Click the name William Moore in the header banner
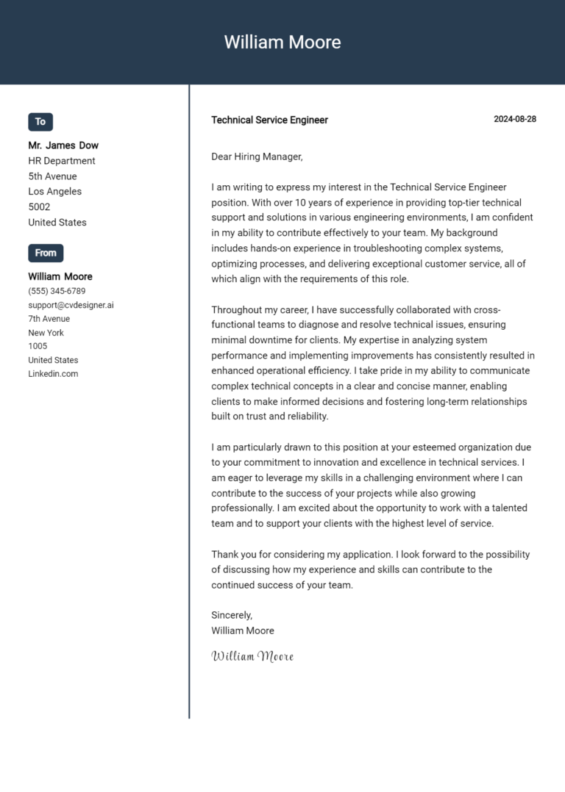tap(282, 42)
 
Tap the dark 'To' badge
tap(40, 122)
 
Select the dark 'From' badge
tap(46, 253)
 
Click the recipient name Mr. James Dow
tap(63, 145)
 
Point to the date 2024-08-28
tap(515, 119)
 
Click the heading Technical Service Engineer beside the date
tap(269, 120)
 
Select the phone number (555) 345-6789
tap(57, 291)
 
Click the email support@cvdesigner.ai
tap(71, 305)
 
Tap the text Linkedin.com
tap(53, 374)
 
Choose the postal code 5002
tap(39, 207)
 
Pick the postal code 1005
tap(38, 346)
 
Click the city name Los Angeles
tap(54, 192)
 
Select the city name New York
tap(46, 333)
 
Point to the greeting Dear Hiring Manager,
tap(257, 156)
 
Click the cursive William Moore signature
tap(252, 656)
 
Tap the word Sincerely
tap(232, 615)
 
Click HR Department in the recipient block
tap(62, 161)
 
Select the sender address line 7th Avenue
tap(49, 319)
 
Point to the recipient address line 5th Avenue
tap(52, 176)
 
